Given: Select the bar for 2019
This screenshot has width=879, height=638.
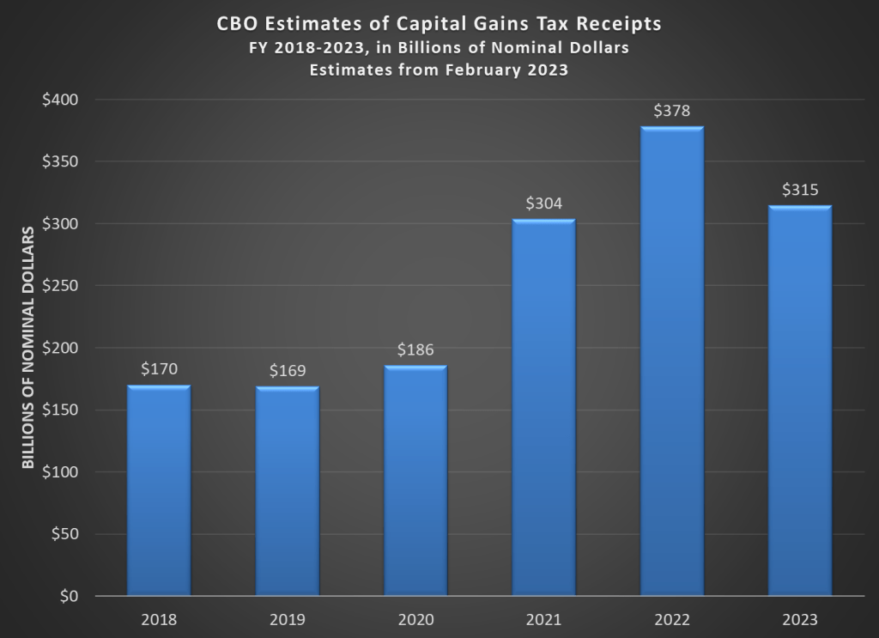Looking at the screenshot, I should pyautogui.click(x=287, y=490).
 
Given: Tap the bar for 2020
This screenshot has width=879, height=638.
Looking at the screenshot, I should pyautogui.click(x=415, y=480).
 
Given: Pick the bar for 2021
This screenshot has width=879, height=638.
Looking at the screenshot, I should pyautogui.click(x=543, y=407).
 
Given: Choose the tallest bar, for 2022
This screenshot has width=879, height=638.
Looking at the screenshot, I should pyautogui.click(x=672, y=361).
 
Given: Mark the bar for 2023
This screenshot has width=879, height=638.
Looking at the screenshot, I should pyautogui.click(x=800, y=400).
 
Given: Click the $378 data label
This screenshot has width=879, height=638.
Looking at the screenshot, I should pyautogui.click(x=672, y=111).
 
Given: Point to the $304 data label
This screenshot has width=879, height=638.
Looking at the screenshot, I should pyautogui.click(x=543, y=204).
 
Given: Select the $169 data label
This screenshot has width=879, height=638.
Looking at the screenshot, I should pyautogui.click(x=287, y=371).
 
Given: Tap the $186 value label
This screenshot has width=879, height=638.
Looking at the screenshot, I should pyautogui.click(x=415, y=350).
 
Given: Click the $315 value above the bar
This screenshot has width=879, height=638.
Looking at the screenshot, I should pyautogui.click(x=800, y=190).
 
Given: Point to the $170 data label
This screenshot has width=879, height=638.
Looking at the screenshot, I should pyautogui.click(x=159, y=370).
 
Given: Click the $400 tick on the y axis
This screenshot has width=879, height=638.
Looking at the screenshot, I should pyautogui.click(x=60, y=100).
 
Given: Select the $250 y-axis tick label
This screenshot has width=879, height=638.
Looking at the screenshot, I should pyautogui.click(x=60, y=286).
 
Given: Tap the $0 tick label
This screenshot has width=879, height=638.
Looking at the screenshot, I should pyautogui.click(x=67, y=596).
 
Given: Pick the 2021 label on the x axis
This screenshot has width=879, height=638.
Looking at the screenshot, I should pyautogui.click(x=543, y=619).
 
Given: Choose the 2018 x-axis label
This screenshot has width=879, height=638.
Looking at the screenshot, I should pyautogui.click(x=159, y=619).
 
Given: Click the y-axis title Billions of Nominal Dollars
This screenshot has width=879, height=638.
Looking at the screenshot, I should pyautogui.click(x=27, y=347).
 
